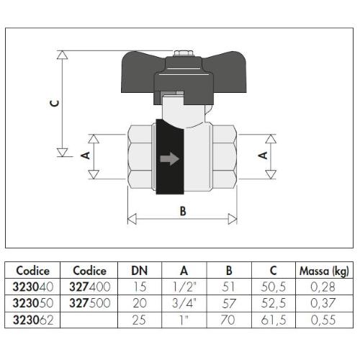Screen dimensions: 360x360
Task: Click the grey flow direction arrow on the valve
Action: (x=170, y=158)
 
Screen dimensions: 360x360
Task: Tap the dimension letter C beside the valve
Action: (x=55, y=104)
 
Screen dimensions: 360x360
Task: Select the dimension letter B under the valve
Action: (x=183, y=211)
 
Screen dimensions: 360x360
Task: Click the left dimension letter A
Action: (x=85, y=156)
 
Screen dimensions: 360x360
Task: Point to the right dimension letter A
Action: (x=263, y=156)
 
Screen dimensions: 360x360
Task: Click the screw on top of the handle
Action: (x=183, y=53)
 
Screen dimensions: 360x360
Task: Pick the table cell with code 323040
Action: (x=33, y=287)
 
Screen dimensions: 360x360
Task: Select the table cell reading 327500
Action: (x=90, y=303)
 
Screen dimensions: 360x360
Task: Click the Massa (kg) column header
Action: (x=324, y=271)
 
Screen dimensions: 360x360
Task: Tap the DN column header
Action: (x=140, y=271)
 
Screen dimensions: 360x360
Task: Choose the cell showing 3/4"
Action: (x=184, y=303)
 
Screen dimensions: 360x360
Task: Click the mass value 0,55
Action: (x=323, y=320)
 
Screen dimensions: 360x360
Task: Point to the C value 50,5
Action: (x=274, y=287)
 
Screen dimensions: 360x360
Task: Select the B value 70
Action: (x=228, y=320)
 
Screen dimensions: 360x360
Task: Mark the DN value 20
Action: (x=140, y=303)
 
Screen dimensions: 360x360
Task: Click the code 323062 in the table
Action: (x=33, y=320)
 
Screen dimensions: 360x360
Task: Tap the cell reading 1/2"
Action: (x=184, y=287)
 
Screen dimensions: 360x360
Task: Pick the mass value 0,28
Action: (x=323, y=287)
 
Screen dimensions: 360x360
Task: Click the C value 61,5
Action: (x=274, y=320)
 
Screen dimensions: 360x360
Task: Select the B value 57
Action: (x=228, y=303)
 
